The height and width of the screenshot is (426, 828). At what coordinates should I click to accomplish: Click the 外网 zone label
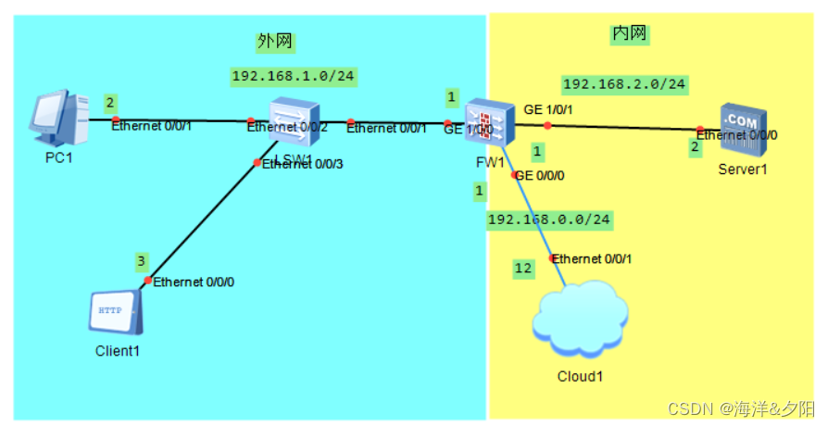269,41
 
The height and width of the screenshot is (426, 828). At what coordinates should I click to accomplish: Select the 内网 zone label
630,34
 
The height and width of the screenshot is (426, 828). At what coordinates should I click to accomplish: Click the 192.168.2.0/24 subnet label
624,84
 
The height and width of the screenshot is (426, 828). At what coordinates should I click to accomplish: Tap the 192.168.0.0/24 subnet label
549,219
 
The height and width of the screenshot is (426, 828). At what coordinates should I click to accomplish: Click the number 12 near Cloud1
523,268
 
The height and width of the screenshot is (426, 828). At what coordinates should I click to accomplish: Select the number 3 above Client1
142,260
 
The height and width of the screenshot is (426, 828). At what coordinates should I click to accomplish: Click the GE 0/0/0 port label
540,175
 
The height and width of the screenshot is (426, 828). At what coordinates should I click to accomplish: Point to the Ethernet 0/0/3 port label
303,164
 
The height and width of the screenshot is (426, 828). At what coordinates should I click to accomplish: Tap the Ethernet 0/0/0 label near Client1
193,282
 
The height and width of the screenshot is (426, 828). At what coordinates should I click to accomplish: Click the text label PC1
58,158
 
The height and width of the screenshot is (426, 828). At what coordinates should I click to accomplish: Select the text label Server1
743,169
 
